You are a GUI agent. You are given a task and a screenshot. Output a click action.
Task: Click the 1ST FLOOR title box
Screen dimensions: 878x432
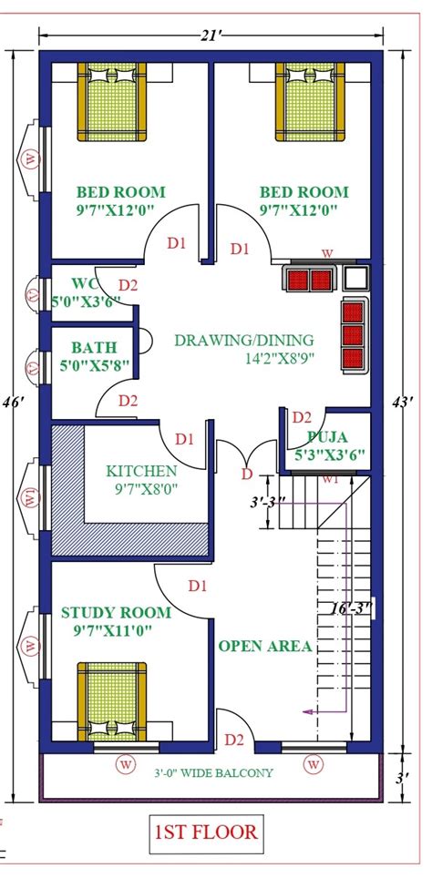(206, 832)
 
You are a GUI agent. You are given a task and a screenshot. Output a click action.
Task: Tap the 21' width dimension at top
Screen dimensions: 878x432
(211, 35)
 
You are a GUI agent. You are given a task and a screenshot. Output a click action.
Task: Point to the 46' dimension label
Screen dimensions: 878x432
(14, 402)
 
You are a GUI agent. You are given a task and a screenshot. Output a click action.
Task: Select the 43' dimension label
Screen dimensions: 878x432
(409, 402)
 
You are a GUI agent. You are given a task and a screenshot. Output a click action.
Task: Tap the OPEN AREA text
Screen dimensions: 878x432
(265, 646)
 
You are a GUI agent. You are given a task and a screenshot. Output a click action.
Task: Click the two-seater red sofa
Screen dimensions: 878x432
(310, 280)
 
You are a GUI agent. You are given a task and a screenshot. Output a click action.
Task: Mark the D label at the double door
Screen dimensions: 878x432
(245, 474)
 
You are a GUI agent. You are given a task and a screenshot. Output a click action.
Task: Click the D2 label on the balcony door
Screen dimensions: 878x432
(234, 739)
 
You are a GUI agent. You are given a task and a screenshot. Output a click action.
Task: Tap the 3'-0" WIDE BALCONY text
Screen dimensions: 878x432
(212, 773)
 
